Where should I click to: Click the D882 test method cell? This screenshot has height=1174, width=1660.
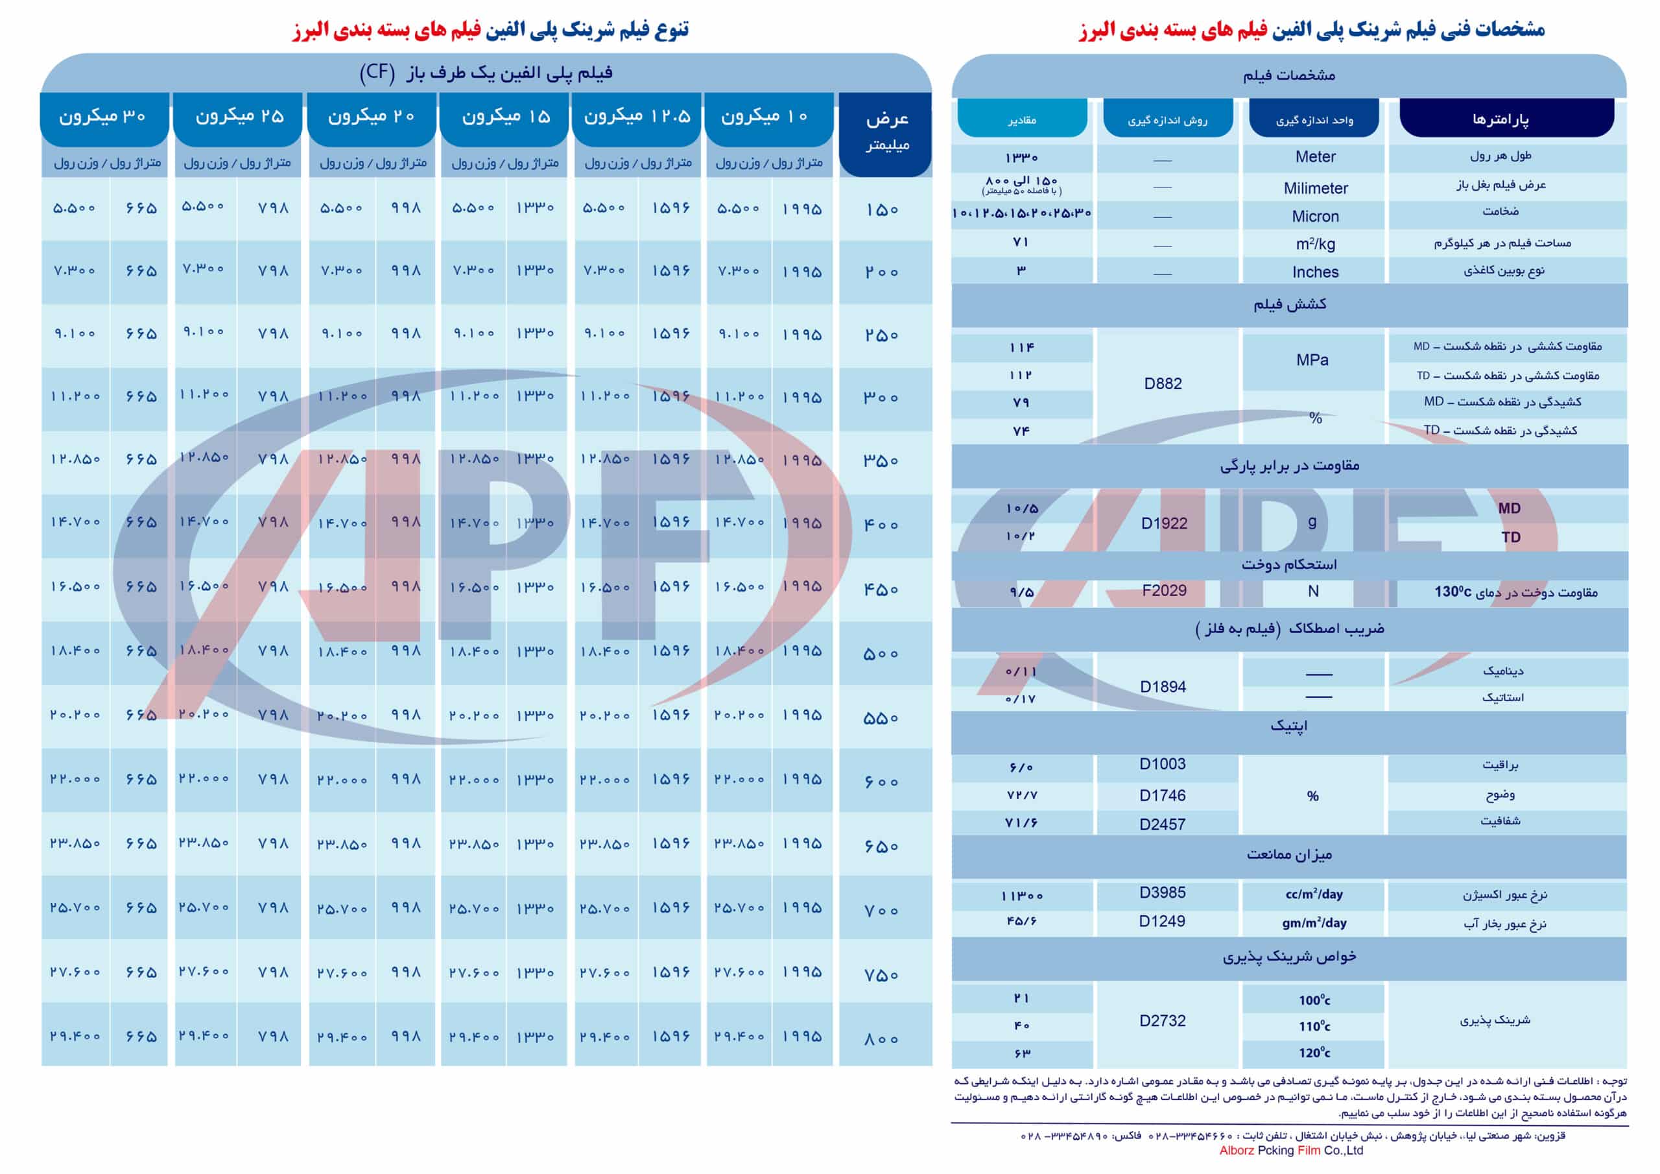(1163, 383)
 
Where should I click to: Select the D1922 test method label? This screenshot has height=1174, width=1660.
(1164, 523)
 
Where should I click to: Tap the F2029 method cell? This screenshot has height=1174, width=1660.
(1164, 590)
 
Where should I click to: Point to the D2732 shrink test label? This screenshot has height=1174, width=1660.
(1163, 1021)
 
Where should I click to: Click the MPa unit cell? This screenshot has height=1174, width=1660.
(1312, 359)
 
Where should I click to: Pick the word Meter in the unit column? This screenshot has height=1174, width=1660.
(1315, 157)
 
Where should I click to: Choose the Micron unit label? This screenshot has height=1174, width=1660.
(1315, 216)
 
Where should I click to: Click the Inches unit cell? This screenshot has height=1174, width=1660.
(1315, 272)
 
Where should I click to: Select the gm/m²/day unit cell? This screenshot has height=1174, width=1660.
(1314, 923)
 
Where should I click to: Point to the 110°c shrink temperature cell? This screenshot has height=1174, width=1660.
(1314, 1026)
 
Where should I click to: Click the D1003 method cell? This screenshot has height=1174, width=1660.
(1163, 764)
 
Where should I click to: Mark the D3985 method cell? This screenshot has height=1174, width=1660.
(1163, 892)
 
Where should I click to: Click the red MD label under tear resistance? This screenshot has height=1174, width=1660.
(1509, 509)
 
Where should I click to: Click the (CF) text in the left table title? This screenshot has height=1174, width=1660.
(377, 73)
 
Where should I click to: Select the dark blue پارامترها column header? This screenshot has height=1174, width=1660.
(1506, 119)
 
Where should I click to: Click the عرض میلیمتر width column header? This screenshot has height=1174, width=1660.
(886, 132)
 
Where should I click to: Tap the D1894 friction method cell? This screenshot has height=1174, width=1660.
(1163, 686)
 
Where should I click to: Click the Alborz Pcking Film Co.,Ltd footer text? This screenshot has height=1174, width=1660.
(1290, 1151)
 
